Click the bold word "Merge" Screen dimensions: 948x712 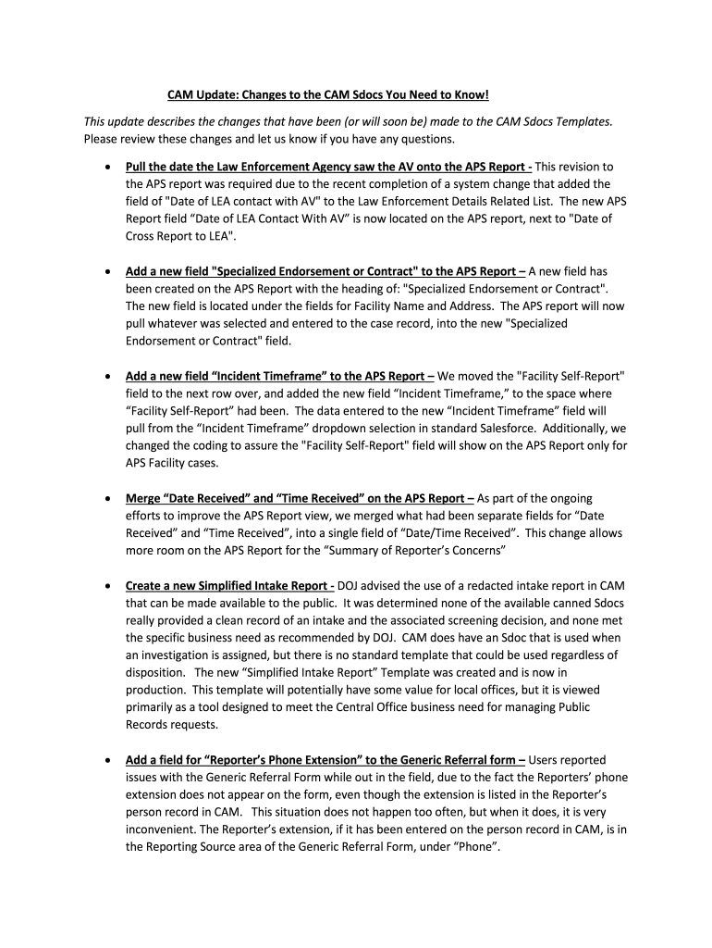coord(143,498)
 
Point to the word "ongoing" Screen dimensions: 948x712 coord(571,498)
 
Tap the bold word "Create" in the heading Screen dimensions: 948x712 coord(145,585)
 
